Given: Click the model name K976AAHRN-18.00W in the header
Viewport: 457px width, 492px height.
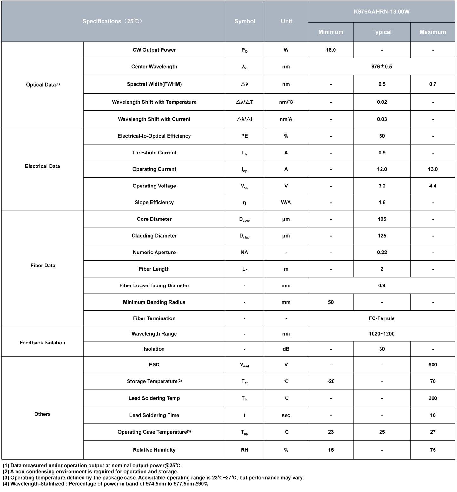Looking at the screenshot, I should tap(381, 12).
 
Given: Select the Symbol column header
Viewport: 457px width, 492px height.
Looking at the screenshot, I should tap(245, 21).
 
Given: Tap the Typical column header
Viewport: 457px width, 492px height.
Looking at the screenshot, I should tap(382, 32).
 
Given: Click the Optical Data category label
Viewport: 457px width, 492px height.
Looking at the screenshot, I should tap(43, 85).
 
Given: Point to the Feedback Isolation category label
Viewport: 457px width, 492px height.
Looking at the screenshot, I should tap(43, 343).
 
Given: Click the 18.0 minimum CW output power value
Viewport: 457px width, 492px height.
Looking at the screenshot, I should tap(331, 50).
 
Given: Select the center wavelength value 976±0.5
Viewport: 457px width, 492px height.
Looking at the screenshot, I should tap(381, 67).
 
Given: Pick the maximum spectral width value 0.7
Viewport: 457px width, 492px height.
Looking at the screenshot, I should tap(433, 84).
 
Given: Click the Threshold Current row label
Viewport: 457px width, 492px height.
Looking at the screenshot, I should tap(154, 153).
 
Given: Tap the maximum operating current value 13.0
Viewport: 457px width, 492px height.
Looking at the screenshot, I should tap(433, 169).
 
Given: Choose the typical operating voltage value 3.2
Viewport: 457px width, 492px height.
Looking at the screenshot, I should tap(382, 186).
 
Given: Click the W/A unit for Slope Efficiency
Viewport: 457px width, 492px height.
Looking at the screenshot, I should tap(286, 202).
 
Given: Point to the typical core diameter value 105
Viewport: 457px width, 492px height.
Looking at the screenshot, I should tap(382, 219).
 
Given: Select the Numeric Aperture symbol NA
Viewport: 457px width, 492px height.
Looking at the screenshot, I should tap(244, 253).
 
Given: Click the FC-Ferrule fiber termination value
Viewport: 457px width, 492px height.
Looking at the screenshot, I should tap(381, 318).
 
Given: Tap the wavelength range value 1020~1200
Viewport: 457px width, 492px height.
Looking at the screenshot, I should tap(381, 334).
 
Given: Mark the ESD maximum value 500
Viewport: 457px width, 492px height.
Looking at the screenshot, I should tap(433, 365).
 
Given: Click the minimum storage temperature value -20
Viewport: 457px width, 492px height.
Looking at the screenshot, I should tap(331, 381).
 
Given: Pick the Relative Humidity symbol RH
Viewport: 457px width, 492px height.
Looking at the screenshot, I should tap(244, 450).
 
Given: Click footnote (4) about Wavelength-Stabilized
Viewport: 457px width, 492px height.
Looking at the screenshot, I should tap(106, 484).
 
